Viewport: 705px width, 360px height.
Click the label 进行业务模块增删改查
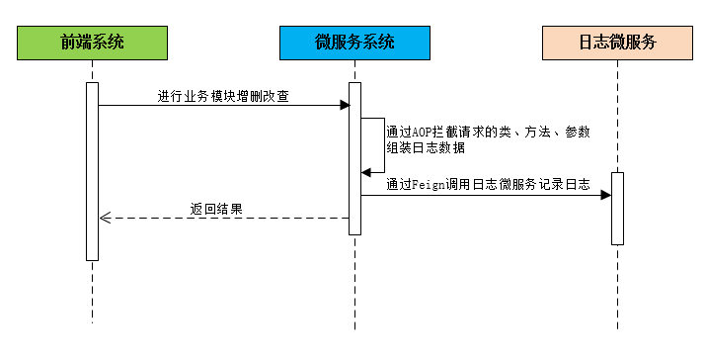pos(223,96)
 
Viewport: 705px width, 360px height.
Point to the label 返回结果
pos(216,210)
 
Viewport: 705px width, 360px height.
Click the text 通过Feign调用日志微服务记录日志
pos(488,184)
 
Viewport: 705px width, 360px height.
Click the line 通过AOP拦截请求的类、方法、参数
pos(488,133)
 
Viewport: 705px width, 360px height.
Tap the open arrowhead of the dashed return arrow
pos(105,219)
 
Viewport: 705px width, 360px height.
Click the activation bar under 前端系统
pos(92,170)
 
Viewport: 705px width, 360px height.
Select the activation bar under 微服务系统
pos(354,158)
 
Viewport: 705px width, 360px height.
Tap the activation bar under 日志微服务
pos(617,208)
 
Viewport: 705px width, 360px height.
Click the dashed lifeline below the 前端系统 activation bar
pos(92,292)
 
